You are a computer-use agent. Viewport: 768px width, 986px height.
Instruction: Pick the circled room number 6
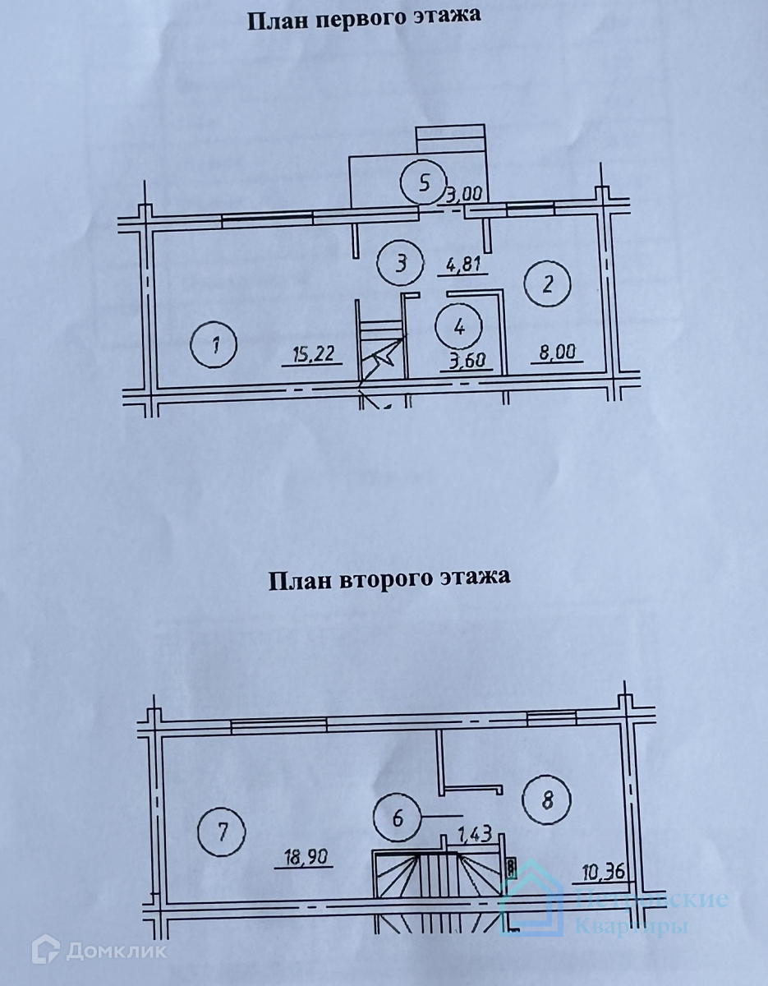tap(397, 818)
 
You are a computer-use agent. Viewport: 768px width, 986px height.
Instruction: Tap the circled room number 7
tap(223, 831)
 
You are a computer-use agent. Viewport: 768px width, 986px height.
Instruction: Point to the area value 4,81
tap(466, 265)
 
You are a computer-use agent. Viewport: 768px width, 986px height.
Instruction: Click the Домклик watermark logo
tap(99, 951)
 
